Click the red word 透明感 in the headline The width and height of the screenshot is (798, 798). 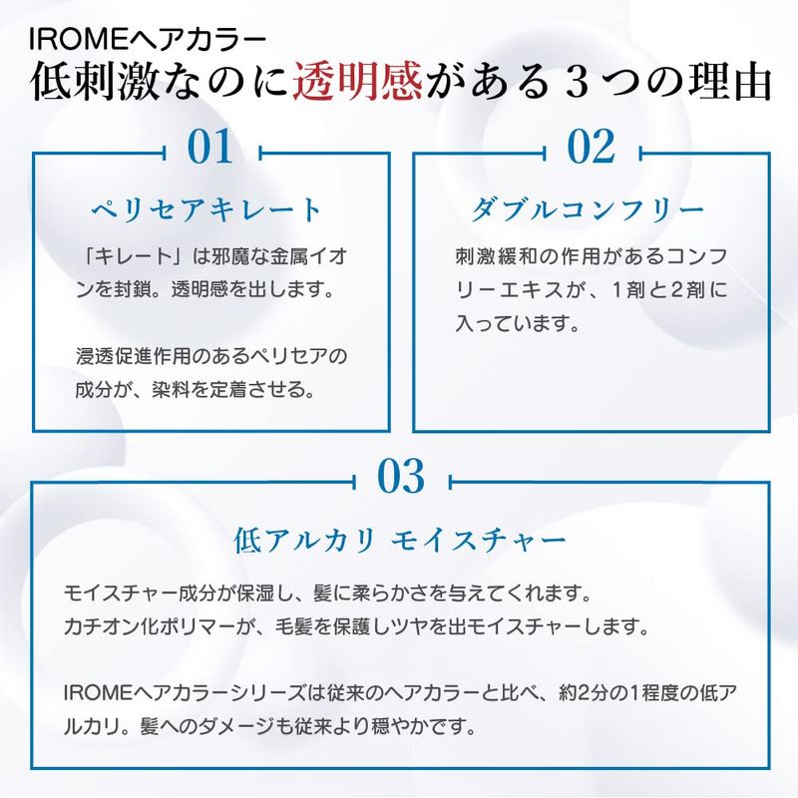click(357, 82)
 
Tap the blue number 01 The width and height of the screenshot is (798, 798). click(210, 147)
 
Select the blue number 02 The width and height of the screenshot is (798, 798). click(591, 147)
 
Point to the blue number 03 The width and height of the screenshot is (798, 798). click(401, 476)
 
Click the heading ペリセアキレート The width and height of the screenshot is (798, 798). click(206, 209)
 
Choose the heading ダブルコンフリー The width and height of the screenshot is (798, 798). click(588, 209)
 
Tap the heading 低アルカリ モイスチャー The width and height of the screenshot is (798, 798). click(400, 540)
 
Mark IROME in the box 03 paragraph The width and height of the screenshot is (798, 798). click(98, 692)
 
